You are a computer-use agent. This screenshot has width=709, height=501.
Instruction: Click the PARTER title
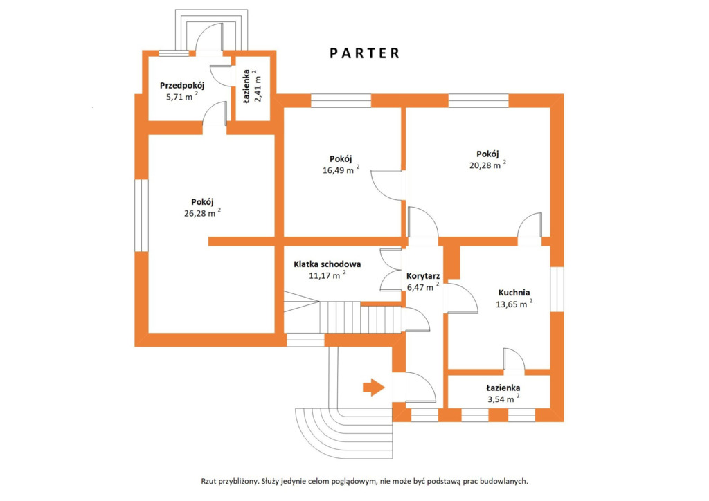coord(364,53)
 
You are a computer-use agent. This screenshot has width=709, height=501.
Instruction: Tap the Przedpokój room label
coord(182,85)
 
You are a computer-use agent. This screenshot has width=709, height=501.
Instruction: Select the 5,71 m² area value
coord(182,96)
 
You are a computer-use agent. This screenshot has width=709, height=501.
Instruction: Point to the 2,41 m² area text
coord(258,86)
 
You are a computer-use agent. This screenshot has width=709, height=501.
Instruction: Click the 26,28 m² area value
coord(203,212)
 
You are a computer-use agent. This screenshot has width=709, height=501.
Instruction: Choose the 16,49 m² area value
coord(341,170)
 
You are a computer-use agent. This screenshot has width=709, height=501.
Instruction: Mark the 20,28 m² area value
coord(487,165)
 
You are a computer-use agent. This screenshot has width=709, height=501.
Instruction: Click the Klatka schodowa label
coord(327,264)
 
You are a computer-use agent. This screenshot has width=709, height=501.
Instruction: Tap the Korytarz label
coord(423,276)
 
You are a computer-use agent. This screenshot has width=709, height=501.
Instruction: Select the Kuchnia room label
coord(514,293)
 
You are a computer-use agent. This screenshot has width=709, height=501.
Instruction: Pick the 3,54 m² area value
coord(503,399)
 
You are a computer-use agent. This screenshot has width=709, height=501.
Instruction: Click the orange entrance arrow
coord(373,387)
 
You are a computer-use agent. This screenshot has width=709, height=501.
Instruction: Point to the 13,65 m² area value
coord(514,304)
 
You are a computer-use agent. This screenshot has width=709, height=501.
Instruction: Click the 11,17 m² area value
coord(327,275)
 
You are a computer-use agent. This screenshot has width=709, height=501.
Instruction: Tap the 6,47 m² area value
coord(423,287)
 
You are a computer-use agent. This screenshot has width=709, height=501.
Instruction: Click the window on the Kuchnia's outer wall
coord(557,289)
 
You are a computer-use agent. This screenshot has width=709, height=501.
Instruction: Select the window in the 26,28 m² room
coord(141,215)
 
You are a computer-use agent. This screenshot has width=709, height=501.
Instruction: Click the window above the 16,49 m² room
coord(341,101)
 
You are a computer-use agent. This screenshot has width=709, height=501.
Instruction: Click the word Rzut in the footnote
coord(208,482)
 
